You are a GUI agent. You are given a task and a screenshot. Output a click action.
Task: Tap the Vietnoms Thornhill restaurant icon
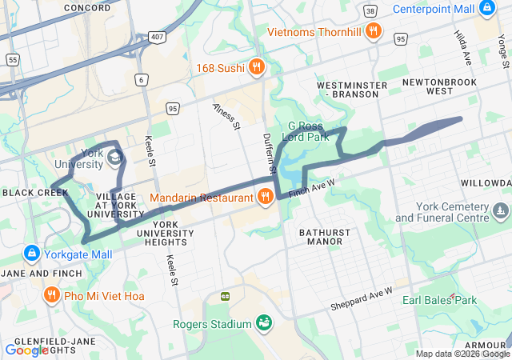373,31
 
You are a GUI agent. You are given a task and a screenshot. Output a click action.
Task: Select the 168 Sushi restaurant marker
256,66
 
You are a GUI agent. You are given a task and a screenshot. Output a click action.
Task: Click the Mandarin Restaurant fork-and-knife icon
265,196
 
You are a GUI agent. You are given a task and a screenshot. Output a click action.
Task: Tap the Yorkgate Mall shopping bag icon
31,254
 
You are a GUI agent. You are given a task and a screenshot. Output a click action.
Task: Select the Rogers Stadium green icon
263,323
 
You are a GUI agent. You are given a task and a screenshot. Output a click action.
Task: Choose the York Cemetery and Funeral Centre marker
501,211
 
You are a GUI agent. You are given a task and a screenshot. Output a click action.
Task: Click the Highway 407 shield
157,38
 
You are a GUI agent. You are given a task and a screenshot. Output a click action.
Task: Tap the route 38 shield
370,12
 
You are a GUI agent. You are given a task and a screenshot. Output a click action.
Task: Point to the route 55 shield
12,60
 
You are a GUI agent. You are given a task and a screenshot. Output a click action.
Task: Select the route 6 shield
142,79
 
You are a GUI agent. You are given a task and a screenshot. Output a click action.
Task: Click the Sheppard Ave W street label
362,299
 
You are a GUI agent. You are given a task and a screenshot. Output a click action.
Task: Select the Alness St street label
226,116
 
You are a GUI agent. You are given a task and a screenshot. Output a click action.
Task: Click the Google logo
26,350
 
